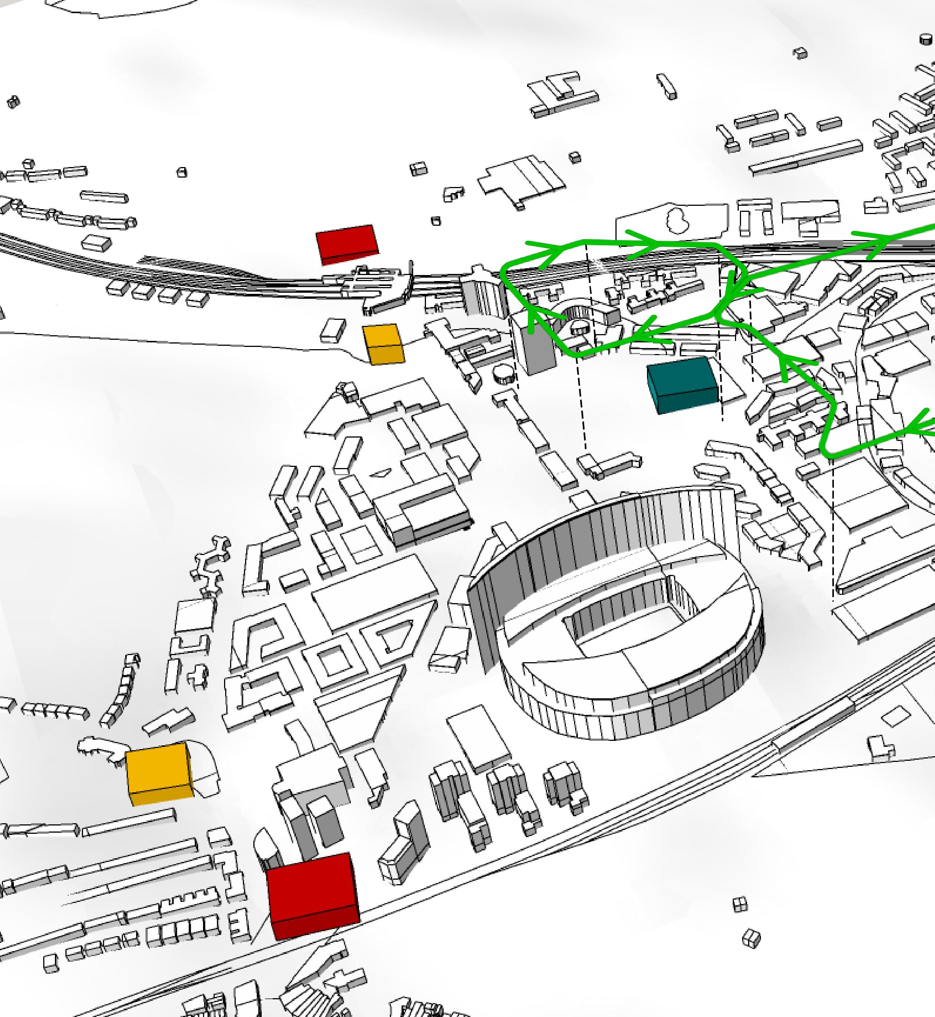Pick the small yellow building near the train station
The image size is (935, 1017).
[x=383, y=344]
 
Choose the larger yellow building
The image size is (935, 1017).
[x=159, y=773]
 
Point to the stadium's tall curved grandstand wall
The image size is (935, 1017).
[x=582, y=547]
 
